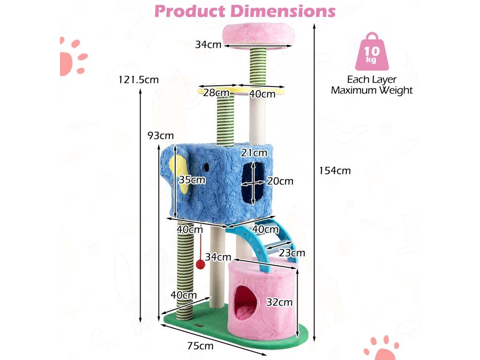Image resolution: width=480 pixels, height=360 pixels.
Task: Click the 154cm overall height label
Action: (335, 171)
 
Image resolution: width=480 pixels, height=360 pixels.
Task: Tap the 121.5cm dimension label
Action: (139, 80)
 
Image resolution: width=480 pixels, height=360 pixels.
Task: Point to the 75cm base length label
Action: (200, 346)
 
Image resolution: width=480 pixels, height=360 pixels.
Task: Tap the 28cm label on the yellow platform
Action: (216, 93)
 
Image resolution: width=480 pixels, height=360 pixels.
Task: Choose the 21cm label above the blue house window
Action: (254, 152)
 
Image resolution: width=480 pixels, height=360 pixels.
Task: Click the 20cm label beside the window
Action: (280, 181)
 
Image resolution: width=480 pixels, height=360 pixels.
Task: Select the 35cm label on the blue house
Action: (192, 180)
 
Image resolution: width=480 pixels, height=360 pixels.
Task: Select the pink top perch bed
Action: (258, 34)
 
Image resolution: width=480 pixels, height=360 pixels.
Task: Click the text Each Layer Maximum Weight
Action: (372, 85)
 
